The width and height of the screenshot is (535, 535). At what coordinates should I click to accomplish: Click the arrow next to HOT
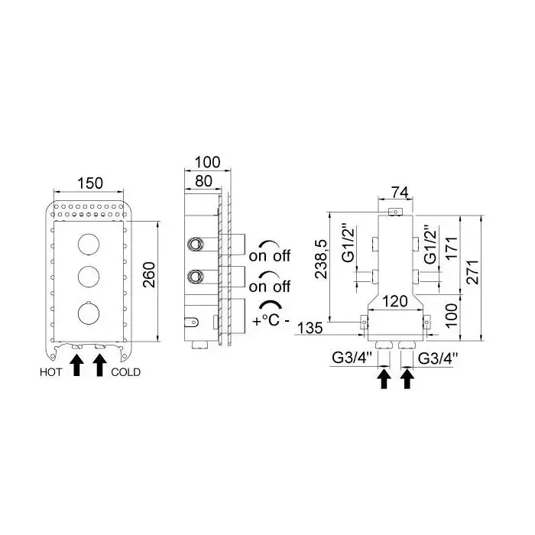[x=76, y=365]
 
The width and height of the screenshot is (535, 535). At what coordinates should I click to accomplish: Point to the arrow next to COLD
[x=99, y=365]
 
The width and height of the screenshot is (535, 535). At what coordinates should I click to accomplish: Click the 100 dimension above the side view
[x=207, y=163]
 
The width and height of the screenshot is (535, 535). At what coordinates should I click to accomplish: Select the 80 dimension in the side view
[x=203, y=182]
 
